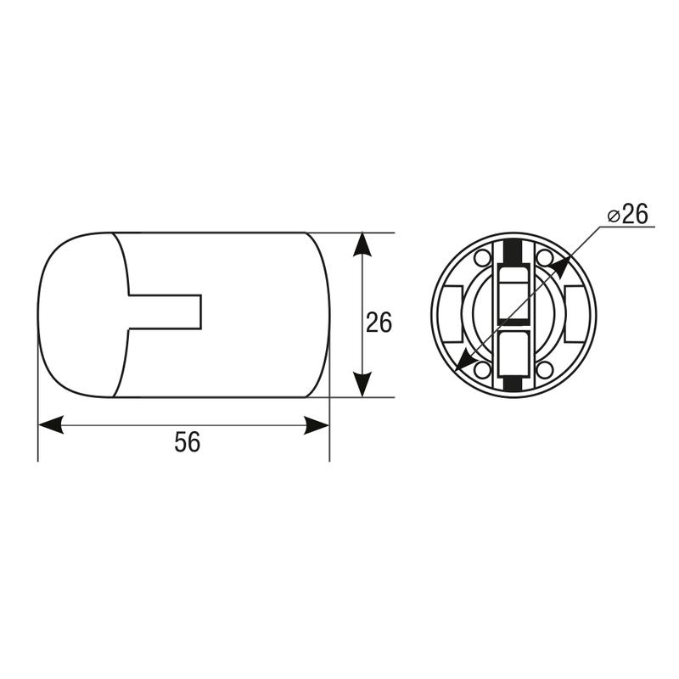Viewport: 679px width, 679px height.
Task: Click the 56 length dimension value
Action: [188, 442]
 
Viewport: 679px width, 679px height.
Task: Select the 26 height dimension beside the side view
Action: [379, 323]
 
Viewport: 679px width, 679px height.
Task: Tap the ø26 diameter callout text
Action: [627, 214]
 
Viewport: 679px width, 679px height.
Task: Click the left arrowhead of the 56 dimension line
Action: [51, 425]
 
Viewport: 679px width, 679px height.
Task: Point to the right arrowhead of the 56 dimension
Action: [317, 425]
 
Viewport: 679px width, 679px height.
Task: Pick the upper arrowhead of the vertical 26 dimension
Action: [362, 245]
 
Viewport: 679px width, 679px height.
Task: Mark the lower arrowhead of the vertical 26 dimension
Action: [362, 384]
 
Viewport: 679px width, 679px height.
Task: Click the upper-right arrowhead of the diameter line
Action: [560, 267]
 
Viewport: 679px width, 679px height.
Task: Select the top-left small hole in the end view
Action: [482, 259]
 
